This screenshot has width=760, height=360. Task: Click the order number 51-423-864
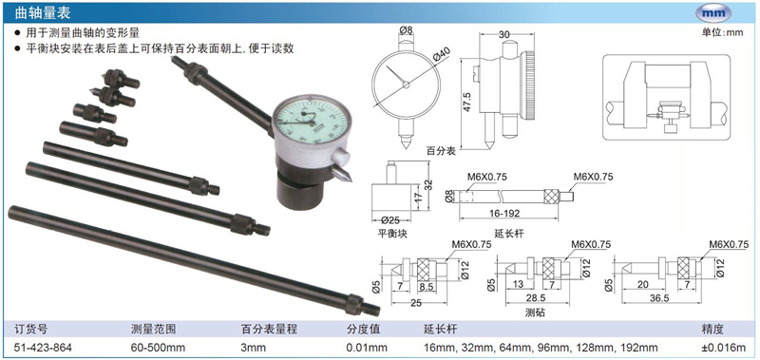tap(44, 348)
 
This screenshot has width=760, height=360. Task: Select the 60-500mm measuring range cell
tap(158, 348)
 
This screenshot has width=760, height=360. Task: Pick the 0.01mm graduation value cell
tap(367, 348)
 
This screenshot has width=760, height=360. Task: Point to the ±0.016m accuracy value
tap(724, 348)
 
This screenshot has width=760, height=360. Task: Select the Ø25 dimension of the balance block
tap(390, 219)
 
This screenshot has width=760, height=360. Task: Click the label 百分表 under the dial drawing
tap(441, 151)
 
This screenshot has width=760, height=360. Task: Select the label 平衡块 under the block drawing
tap(392, 233)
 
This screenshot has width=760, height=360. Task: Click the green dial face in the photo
tap(312, 122)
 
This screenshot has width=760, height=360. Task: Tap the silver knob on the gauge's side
tap(341, 157)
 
